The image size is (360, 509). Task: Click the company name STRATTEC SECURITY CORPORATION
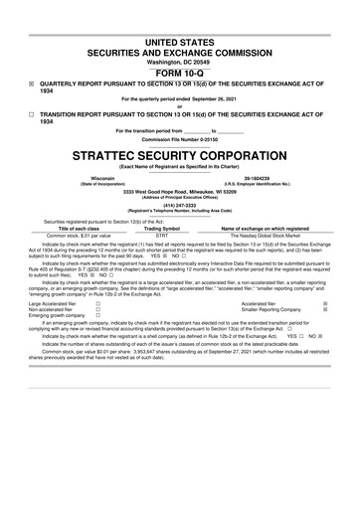click(179, 157)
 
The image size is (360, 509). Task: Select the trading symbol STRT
click(163, 235)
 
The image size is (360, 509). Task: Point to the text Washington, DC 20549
click(179, 60)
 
